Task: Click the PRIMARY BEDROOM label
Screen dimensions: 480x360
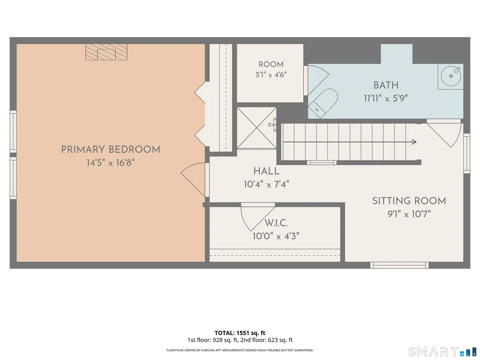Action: [111, 150]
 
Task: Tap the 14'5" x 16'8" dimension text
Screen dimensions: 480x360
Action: [111, 163]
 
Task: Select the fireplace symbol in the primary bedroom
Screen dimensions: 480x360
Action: [106, 52]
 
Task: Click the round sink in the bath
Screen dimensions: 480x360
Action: [451, 76]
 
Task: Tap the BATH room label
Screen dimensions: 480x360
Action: [386, 85]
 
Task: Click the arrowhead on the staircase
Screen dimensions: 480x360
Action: [414, 142]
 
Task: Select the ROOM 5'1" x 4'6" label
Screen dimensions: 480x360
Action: [271, 70]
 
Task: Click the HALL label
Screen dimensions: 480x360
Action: [267, 171]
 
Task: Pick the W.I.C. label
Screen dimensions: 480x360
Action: [276, 223]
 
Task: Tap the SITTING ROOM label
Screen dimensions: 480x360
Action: [409, 201]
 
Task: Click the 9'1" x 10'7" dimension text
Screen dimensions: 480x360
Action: [409, 214]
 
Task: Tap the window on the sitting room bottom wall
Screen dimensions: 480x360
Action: [399, 265]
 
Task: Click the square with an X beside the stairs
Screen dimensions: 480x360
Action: [257, 128]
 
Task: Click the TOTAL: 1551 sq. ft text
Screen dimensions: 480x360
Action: [240, 333]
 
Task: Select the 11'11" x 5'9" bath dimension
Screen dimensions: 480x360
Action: [386, 99]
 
